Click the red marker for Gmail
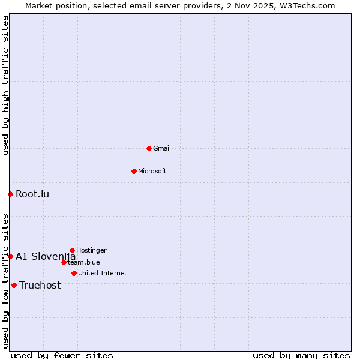149,148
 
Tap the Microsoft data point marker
134,171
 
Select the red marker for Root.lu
10,194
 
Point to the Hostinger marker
72,250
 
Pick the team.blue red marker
64,262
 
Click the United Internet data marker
74,273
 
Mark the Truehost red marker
14,285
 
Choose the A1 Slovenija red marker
10,256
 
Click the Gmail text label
162,148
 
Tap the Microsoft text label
152,171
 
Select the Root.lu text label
32,194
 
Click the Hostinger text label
91,250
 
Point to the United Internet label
103,273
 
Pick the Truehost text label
40,285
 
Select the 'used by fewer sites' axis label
62,355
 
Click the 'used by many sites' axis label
301,355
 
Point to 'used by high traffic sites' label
5,86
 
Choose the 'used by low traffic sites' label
5,280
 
